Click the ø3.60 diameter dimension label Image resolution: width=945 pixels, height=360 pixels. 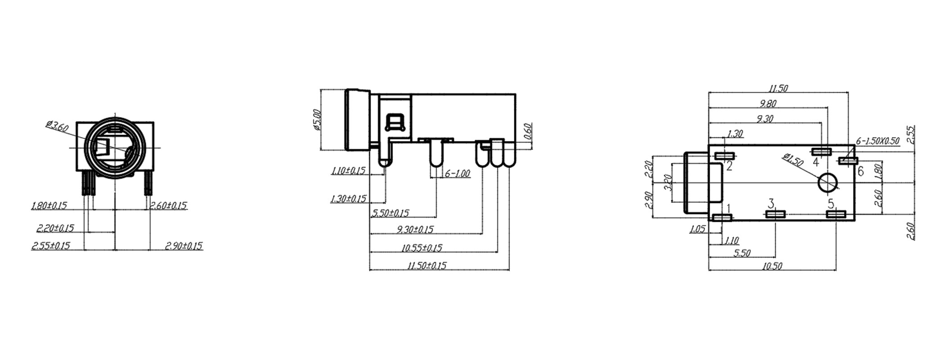(x=57, y=126)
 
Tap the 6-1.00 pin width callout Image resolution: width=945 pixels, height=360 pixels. (x=457, y=174)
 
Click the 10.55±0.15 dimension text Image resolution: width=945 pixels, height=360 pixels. (x=422, y=248)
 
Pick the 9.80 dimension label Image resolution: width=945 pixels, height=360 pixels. (x=768, y=104)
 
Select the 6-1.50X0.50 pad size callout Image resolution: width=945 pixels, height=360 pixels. (x=877, y=141)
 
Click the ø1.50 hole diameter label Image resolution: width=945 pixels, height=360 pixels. (x=793, y=160)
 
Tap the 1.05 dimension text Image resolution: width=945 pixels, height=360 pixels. (x=697, y=229)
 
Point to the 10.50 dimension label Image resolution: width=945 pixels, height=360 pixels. (x=772, y=266)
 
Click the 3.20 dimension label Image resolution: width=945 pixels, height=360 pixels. (x=668, y=183)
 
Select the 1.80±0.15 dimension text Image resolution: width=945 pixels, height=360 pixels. (x=49, y=206)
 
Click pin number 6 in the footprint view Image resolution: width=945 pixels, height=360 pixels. (x=860, y=171)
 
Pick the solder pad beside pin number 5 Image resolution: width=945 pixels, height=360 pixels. (x=836, y=214)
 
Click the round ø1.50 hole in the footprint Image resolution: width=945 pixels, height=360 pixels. (x=828, y=183)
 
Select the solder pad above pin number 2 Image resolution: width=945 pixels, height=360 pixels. (x=724, y=156)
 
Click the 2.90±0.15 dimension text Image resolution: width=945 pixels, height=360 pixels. (x=184, y=246)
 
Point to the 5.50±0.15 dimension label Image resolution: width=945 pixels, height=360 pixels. (x=390, y=213)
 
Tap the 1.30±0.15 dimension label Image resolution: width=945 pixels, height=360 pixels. (x=348, y=199)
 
